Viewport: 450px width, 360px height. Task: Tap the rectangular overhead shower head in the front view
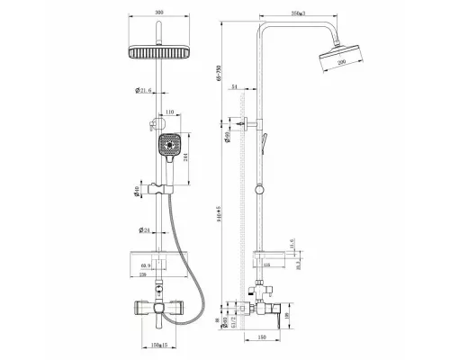(x=158, y=53)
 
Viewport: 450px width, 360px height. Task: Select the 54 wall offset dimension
(x=235, y=87)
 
